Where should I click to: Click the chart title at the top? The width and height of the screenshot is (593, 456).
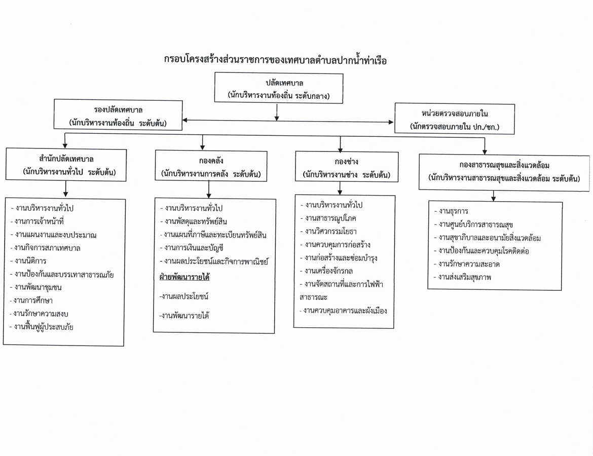coord(275,60)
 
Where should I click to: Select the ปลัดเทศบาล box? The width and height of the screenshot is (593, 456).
coord(279,88)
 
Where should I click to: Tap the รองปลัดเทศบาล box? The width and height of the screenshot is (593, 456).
coord(118,115)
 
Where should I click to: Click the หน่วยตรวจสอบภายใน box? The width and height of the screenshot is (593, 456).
coord(455,119)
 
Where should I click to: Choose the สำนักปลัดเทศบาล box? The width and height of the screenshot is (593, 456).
coord(66,165)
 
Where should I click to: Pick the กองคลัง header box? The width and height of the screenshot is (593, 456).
coord(211,166)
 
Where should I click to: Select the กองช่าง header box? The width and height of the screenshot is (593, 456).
coord(346,167)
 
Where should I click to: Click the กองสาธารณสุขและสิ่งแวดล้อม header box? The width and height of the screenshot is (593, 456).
coord(504,172)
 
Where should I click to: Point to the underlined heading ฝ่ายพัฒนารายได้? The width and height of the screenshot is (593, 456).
coord(184,277)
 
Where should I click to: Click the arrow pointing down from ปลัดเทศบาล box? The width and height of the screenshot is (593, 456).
coord(277,112)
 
